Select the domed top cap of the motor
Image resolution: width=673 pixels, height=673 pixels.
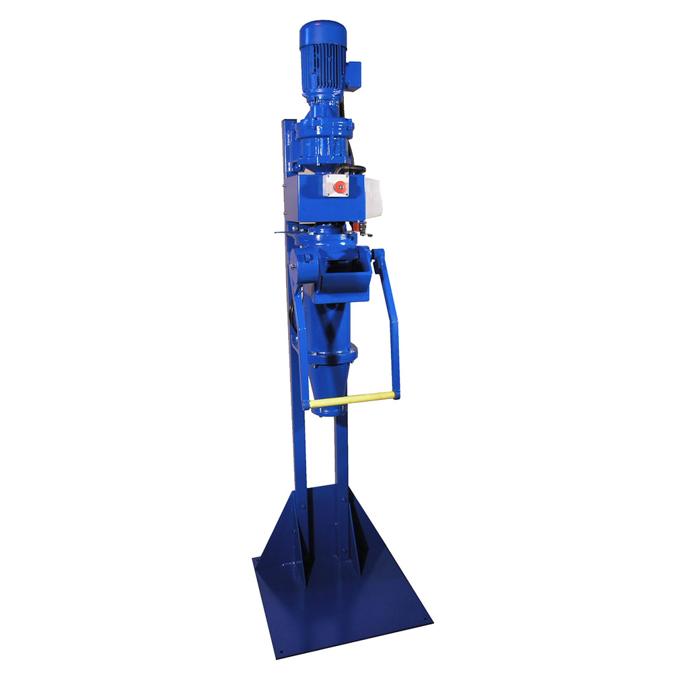[x=322, y=31]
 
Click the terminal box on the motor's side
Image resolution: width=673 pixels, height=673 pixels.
[x=353, y=72]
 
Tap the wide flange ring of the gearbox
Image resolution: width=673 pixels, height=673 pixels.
[x=325, y=128]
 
